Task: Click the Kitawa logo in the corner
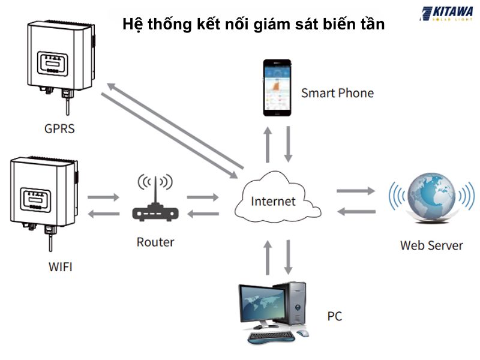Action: tap(447, 13)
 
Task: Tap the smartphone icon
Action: tap(278, 88)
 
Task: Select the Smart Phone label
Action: tap(337, 93)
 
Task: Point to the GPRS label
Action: tap(59, 128)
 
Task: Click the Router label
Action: tap(155, 242)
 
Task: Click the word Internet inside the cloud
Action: tap(273, 200)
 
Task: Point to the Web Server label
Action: tap(431, 245)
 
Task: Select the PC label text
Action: tap(335, 316)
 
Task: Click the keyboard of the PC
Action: tap(271, 337)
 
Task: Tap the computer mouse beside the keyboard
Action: tap(303, 334)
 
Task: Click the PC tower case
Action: tap(300, 306)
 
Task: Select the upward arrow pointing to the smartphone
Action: tap(268, 143)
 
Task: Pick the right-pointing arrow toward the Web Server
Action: tap(355, 191)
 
